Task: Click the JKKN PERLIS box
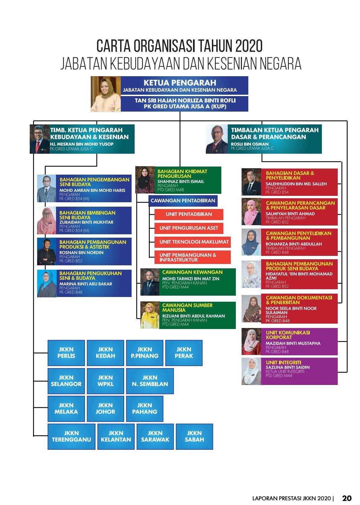point(66,353)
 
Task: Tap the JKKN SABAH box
point(194,437)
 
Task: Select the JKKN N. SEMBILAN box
point(150,381)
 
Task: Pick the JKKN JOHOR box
point(105,409)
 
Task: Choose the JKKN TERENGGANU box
point(71,437)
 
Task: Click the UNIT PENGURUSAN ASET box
point(189,228)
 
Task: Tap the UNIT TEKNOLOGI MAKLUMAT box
point(192,242)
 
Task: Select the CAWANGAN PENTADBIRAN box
point(183,201)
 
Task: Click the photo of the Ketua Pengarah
point(106,94)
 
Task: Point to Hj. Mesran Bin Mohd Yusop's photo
point(40,139)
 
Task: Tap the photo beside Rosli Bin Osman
point(217,139)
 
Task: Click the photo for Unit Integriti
point(251,371)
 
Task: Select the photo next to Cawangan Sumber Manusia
point(150,315)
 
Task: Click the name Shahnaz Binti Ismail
point(181,181)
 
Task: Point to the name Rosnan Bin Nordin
point(81,253)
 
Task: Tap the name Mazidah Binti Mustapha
point(293,344)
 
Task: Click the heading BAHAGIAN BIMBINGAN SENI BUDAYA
point(87,215)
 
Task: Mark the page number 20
point(347,498)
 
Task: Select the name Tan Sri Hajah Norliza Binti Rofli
point(185,100)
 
